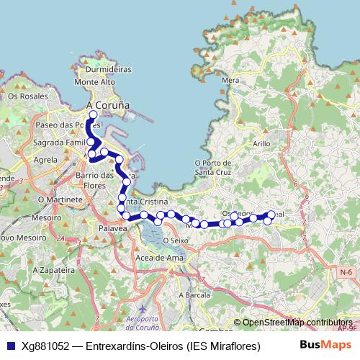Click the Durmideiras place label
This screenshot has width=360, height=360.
[x=107, y=71]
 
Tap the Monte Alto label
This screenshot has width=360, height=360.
[x=99, y=83]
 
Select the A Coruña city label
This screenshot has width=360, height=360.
[x=107, y=105]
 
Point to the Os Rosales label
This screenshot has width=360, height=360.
[x=22, y=95]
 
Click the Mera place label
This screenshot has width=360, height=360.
[x=231, y=81]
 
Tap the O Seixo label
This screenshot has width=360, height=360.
[x=175, y=240]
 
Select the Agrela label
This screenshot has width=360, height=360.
[x=45, y=159]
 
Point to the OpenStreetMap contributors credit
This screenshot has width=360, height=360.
[x=297, y=323]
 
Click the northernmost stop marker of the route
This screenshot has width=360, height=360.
[x=93, y=114]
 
